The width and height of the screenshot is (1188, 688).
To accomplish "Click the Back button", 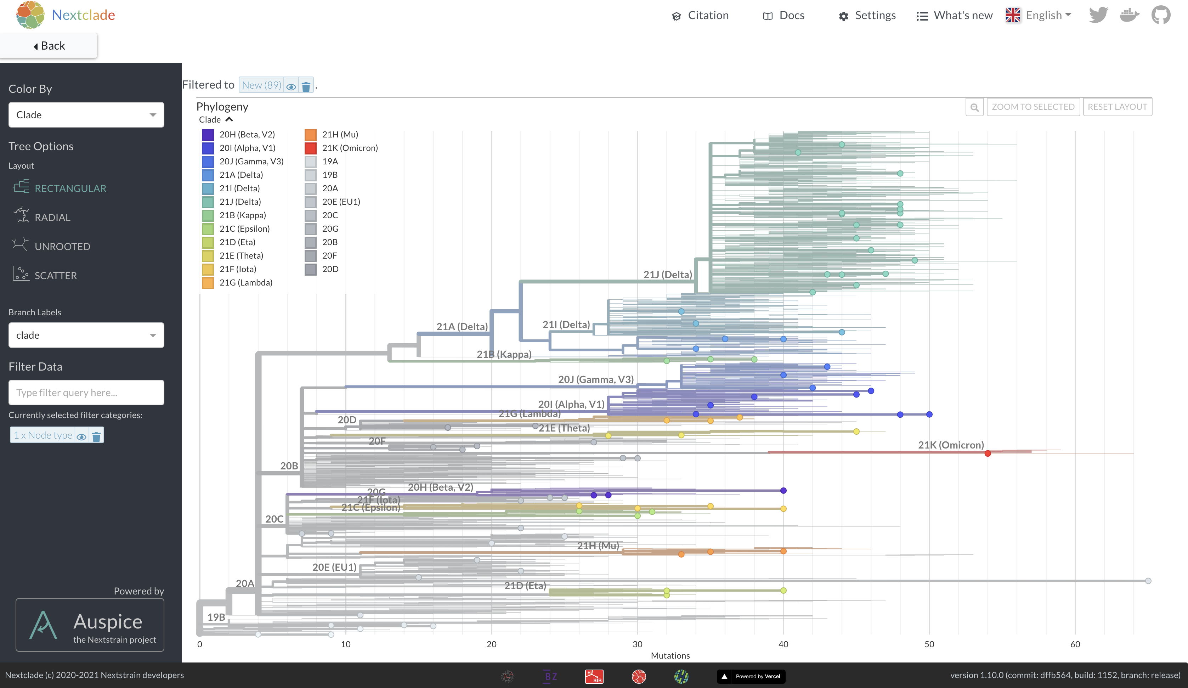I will (49, 46).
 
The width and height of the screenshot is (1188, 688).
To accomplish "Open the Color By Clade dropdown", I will (86, 114).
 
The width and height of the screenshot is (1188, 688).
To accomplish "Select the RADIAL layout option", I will (52, 218).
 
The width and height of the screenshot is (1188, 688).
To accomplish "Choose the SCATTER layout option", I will (55, 275).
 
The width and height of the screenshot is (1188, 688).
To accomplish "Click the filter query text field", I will (86, 392).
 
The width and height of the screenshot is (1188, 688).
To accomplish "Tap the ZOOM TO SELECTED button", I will (1033, 107).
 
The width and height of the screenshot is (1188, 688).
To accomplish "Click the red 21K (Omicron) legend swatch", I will (310, 148).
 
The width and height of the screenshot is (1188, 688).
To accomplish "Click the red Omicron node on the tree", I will (988, 453).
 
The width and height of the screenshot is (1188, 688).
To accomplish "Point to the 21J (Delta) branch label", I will (668, 275).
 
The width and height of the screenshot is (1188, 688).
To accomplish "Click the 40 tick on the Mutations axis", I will (783, 644).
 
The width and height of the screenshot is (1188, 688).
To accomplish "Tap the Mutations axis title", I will (670, 655).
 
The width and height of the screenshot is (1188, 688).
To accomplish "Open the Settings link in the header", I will (867, 16).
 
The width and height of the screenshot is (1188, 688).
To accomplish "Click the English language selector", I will (1039, 16).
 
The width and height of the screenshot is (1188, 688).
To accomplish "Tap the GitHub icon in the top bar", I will (1161, 15).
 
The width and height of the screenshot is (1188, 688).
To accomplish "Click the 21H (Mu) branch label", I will (598, 546).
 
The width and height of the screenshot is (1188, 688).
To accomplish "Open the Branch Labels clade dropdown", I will (86, 335).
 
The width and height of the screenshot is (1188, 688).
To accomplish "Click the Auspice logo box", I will (90, 625).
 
